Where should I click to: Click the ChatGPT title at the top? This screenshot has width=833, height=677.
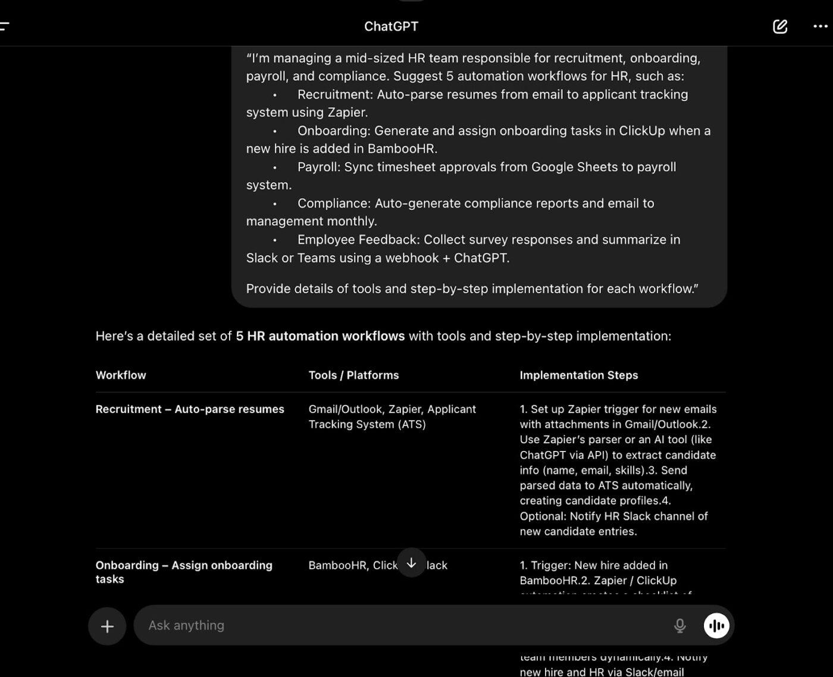(391, 27)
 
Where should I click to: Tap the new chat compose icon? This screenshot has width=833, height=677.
(780, 27)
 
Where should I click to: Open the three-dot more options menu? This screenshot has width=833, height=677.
(821, 27)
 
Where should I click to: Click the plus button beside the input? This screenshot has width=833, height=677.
(107, 626)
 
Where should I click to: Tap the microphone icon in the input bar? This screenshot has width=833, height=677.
(679, 625)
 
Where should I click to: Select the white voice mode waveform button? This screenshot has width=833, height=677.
(716, 625)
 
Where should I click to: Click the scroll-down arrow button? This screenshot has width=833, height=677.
(411, 563)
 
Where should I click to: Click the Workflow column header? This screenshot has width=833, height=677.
(121, 375)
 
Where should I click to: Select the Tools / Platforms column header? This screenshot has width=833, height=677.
(353, 375)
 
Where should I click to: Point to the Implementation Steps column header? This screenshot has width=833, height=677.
(578, 375)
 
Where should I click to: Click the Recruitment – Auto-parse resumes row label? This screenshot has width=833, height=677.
(190, 409)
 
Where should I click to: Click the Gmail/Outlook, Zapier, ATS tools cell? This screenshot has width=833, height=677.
(392, 416)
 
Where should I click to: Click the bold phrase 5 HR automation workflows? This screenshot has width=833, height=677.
(320, 336)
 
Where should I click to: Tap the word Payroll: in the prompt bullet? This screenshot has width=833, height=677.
(319, 167)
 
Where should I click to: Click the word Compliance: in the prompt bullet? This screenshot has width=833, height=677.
(334, 203)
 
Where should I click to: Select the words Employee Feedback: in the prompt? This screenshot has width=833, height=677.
(358, 240)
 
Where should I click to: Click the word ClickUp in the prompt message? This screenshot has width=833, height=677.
(642, 131)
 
